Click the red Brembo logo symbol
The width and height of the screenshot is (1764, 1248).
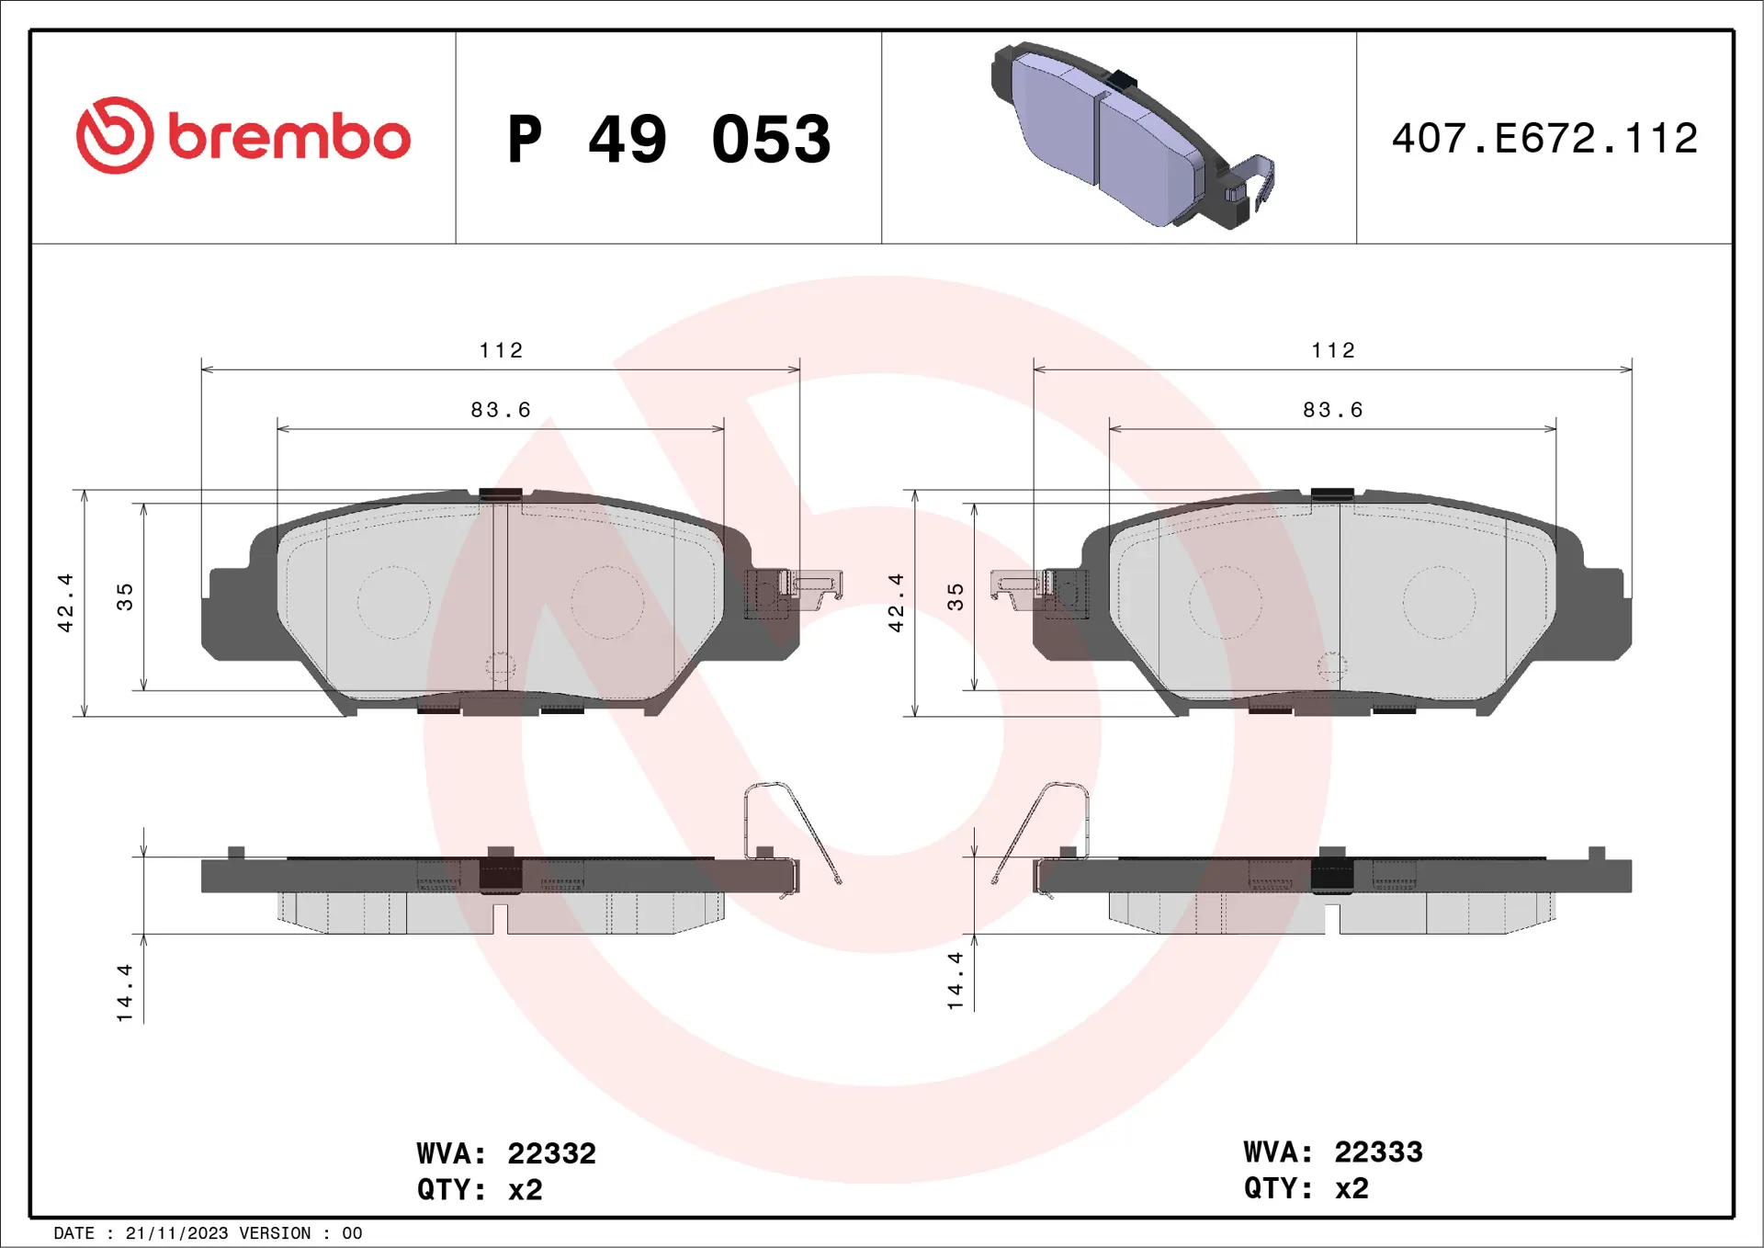click(114, 136)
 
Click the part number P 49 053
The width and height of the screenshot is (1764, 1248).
click(669, 140)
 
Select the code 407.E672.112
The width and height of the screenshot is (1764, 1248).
click(1544, 139)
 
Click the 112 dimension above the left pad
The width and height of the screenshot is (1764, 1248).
click(501, 350)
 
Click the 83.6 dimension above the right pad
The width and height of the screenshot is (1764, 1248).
click(1332, 410)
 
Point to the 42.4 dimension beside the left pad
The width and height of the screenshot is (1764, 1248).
click(65, 603)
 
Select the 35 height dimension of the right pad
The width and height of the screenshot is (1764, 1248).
click(955, 597)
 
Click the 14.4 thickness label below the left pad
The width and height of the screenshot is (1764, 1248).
click(125, 993)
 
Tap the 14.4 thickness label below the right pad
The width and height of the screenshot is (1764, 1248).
click(955, 981)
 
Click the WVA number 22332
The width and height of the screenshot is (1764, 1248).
click(551, 1153)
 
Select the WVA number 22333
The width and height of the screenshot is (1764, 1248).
click(1378, 1152)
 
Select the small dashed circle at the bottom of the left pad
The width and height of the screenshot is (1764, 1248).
click(500, 667)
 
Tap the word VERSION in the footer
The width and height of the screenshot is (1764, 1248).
click(275, 1233)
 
